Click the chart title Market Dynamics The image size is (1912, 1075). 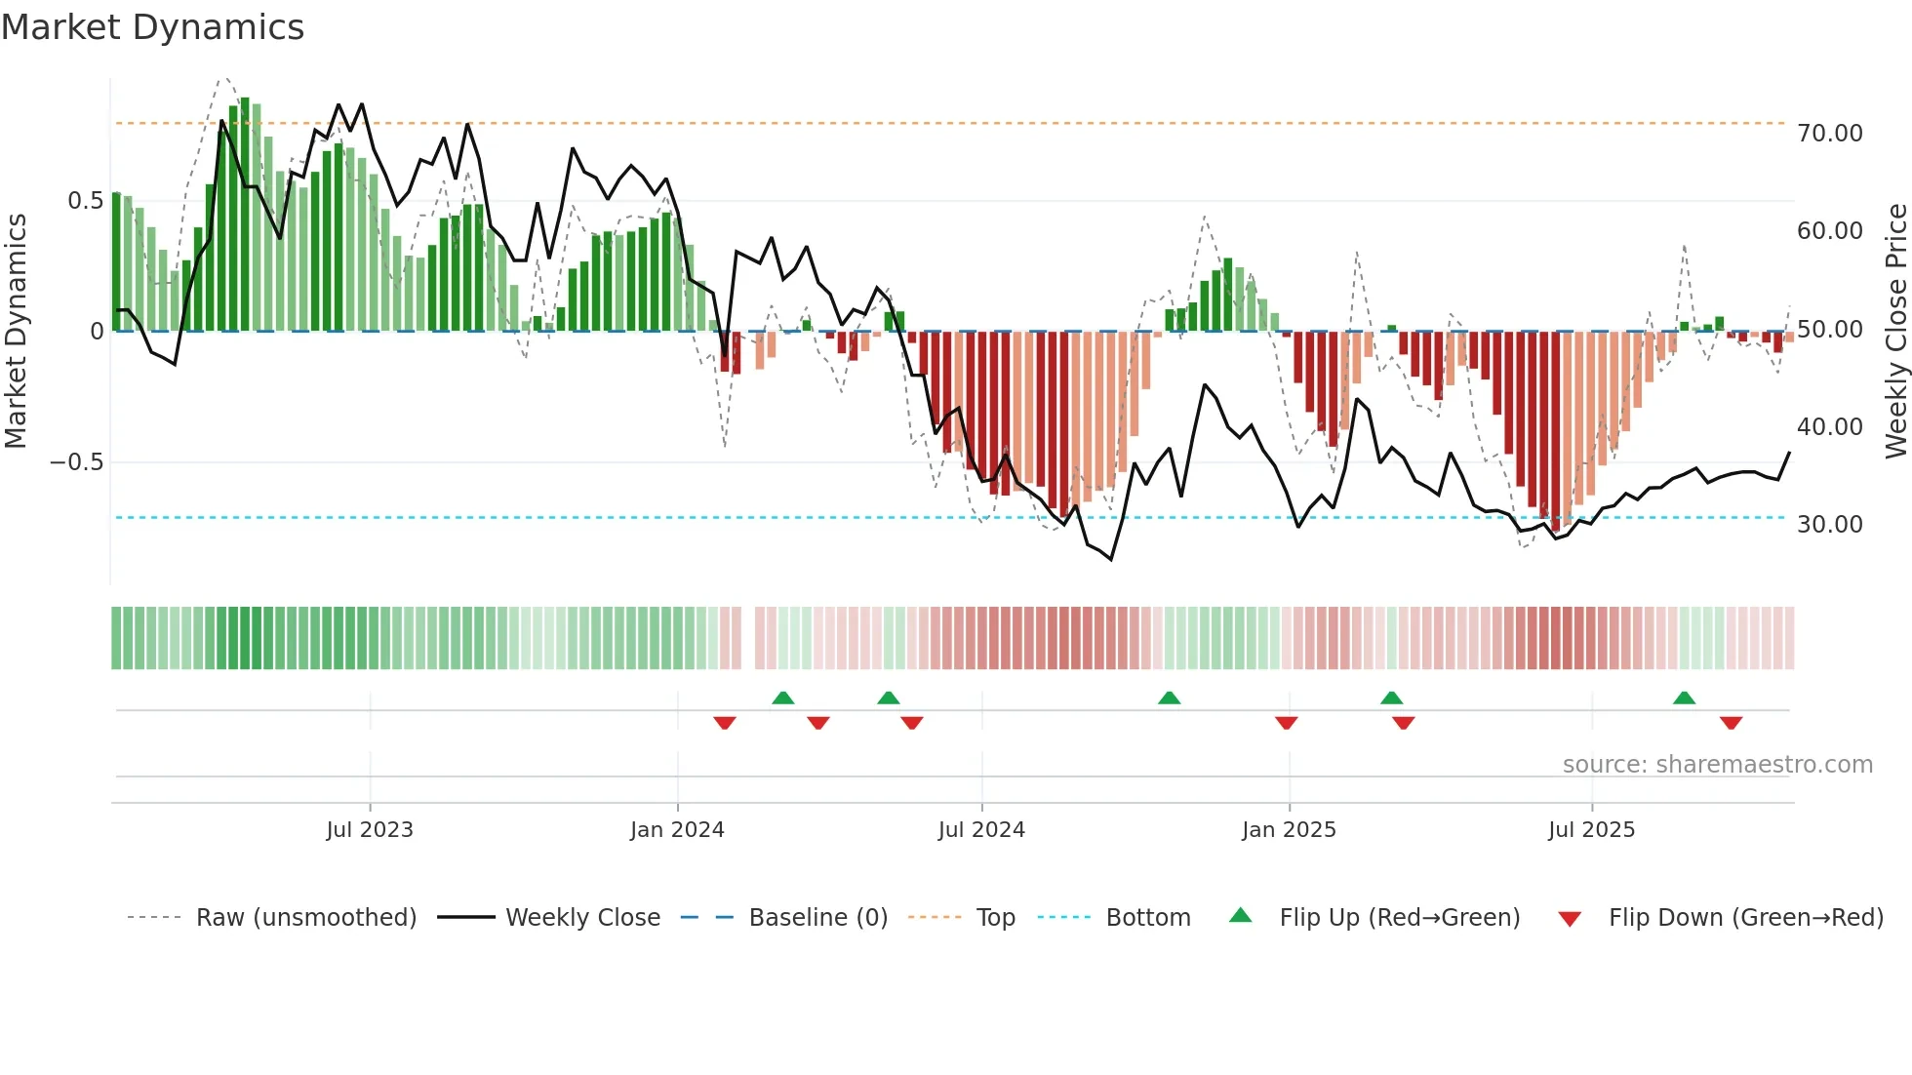pyautogui.click(x=152, y=27)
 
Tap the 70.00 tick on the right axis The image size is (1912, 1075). pyautogui.click(x=1829, y=134)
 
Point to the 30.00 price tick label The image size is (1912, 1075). pyautogui.click(x=1829, y=525)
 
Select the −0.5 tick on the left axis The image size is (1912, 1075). pyautogui.click(x=77, y=462)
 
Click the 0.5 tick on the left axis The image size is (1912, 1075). pyautogui.click(x=85, y=201)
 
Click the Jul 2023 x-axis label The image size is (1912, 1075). pyautogui.click(x=370, y=830)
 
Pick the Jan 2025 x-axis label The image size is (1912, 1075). pyautogui.click(x=1289, y=830)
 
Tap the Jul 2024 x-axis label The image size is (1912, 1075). pyautogui.click(x=981, y=830)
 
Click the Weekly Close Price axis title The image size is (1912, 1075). pyautogui.click(x=1895, y=332)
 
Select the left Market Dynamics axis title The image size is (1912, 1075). pyautogui.click(x=16, y=332)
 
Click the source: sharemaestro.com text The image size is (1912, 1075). pyautogui.click(x=1717, y=765)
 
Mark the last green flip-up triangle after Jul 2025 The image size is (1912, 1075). pyautogui.click(x=1684, y=698)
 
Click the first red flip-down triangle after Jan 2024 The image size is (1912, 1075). pyautogui.click(x=724, y=723)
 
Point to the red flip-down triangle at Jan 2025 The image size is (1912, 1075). pyautogui.click(x=1286, y=723)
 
